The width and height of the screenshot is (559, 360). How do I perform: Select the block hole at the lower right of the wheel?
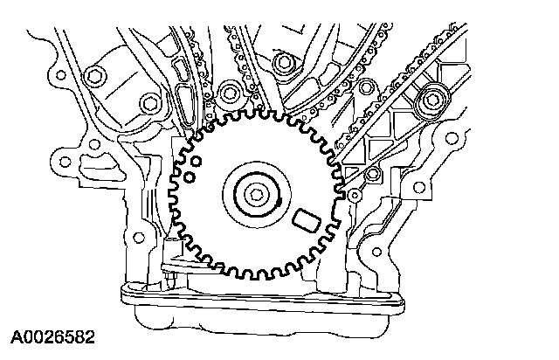(x=365, y=262)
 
